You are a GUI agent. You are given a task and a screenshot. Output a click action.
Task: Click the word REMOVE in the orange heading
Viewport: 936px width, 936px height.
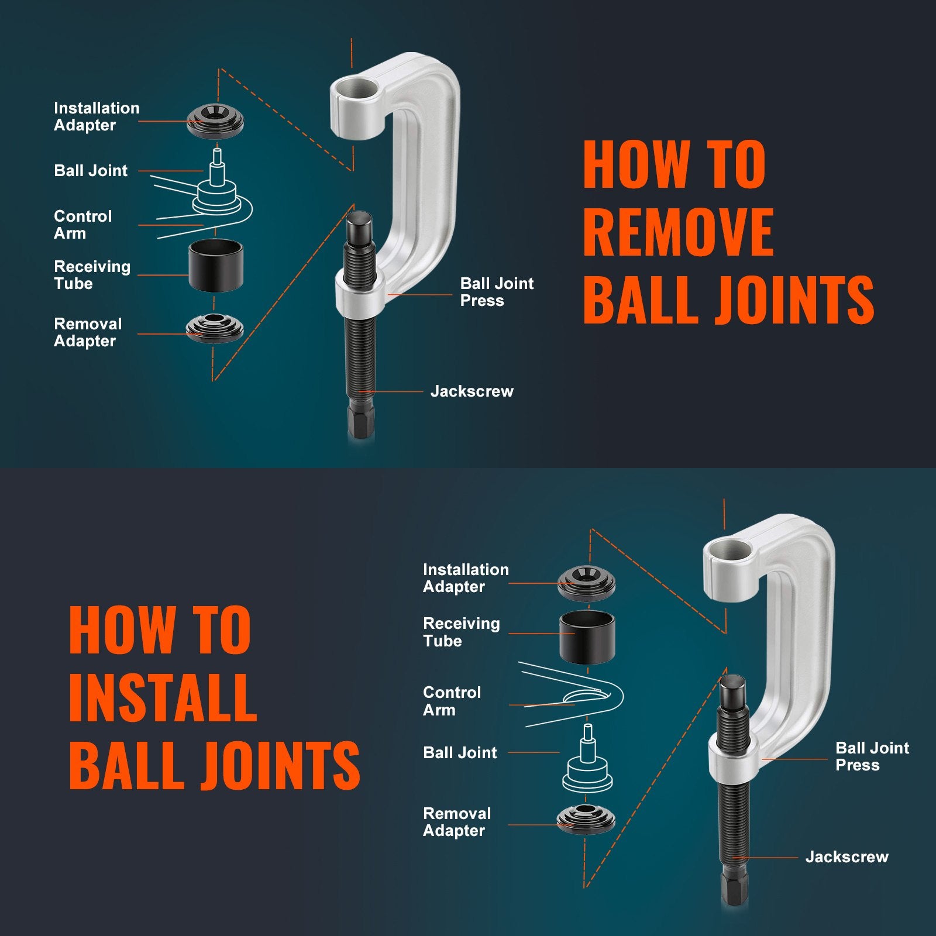tap(679, 233)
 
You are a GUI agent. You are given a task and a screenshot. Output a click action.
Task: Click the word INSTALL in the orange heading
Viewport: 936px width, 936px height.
tap(163, 697)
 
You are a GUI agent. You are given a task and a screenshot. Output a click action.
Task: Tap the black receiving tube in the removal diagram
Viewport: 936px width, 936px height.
tap(216, 266)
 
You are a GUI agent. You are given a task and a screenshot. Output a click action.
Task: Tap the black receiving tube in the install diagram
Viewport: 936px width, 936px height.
tap(587, 637)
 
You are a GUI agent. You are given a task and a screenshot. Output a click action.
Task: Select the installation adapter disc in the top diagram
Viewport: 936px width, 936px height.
tap(215, 122)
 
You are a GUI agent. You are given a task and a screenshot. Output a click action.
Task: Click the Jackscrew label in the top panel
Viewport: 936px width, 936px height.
tap(472, 391)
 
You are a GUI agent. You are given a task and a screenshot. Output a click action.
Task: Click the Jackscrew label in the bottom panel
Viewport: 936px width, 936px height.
tap(846, 857)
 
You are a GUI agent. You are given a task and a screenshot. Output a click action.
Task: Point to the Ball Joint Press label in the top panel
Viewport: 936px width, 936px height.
tap(496, 292)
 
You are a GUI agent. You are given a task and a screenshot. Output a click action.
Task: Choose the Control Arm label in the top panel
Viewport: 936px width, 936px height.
tap(82, 225)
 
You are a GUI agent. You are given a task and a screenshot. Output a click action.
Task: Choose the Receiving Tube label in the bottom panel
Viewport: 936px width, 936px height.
tap(461, 632)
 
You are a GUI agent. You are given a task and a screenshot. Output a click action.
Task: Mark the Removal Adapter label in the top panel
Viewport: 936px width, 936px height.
tap(88, 332)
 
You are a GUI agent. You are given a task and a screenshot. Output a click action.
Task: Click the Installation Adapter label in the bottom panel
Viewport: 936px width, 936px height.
tap(465, 578)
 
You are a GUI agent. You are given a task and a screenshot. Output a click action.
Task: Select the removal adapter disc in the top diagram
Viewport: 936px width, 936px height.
tap(215, 328)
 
